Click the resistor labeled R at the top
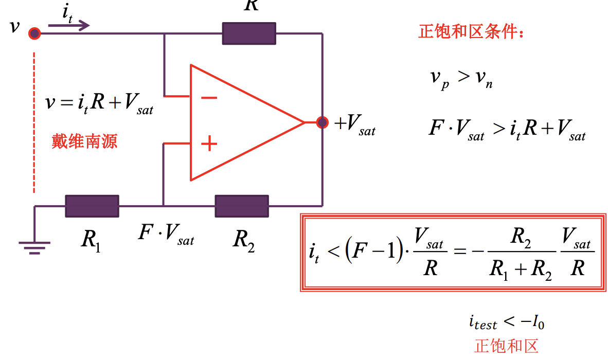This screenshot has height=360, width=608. [x=249, y=33]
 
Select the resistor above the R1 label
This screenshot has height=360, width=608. [x=92, y=206]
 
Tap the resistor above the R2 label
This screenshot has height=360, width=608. [x=242, y=206]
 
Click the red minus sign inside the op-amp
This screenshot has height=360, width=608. [x=209, y=97]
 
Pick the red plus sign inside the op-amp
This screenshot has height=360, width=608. [x=209, y=143]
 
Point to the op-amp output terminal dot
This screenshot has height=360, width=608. [x=322, y=122]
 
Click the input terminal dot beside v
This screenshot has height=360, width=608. [x=34, y=34]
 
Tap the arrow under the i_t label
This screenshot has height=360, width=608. [x=69, y=25]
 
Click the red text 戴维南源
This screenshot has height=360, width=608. [x=84, y=141]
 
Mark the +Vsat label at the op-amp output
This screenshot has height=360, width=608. [x=355, y=124]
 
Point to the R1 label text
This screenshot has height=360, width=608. [x=91, y=240]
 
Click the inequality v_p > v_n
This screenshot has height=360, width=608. [x=461, y=79]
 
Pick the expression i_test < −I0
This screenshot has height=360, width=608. [x=506, y=322]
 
